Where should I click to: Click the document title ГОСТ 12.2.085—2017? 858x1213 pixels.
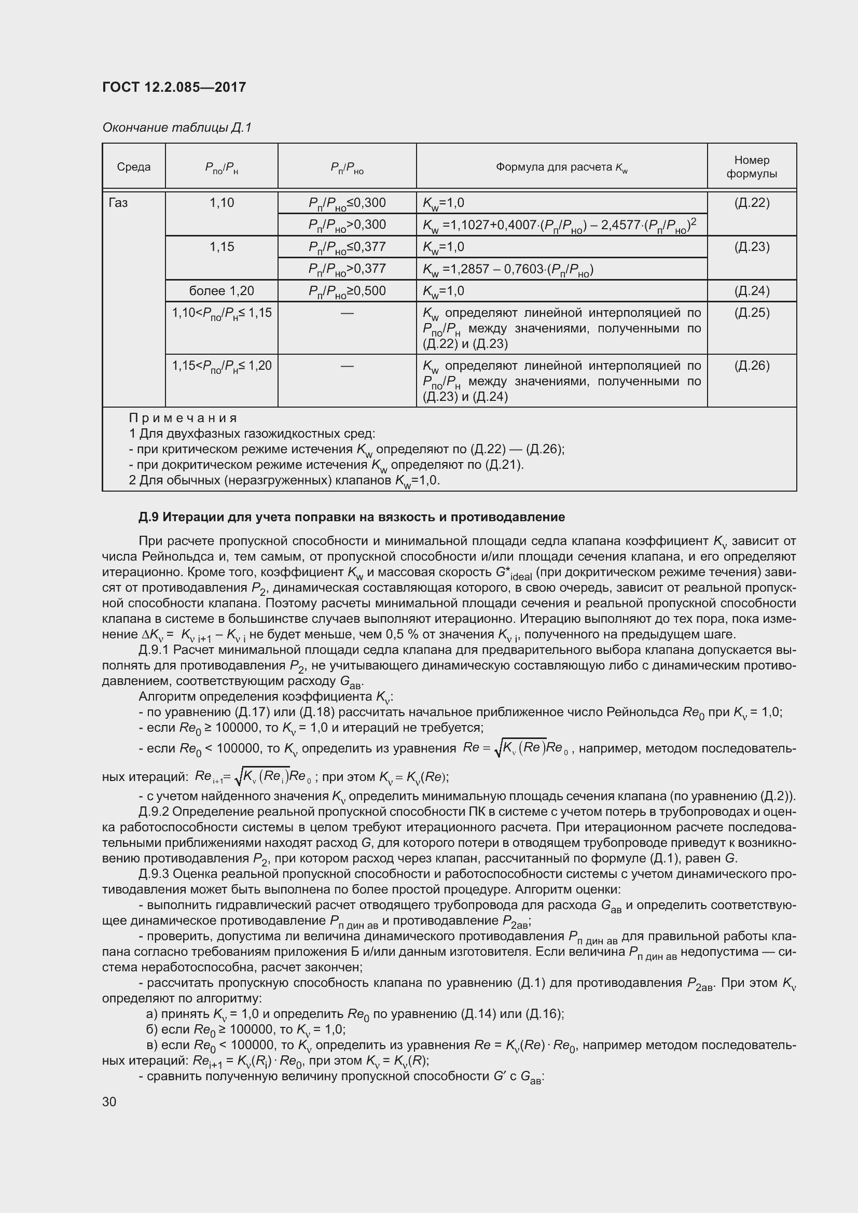pyautogui.click(x=174, y=87)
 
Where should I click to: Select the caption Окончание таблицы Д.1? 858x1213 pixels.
pyautogui.click(x=176, y=128)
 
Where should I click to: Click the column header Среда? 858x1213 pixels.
pyautogui.click(x=134, y=167)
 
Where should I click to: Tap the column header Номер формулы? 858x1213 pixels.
pyautogui.click(x=751, y=166)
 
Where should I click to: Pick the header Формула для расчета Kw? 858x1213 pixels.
pyautogui.click(x=561, y=168)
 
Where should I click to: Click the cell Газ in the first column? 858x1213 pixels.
pyautogui.click(x=118, y=203)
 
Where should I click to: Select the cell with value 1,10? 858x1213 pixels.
pyautogui.click(x=222, y=203)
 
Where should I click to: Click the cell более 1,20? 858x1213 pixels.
pyautogui.click(x=222, y=290)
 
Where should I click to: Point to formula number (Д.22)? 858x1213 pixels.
pyautogui.click(x=751, y=203)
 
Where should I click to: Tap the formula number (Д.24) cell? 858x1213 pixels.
pyautogui.click(x=751, y=290)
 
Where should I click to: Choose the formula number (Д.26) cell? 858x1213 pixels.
pyautogui.click(x=751, y=366)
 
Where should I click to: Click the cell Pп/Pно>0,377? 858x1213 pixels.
pyautogui.click(x=347, y=269)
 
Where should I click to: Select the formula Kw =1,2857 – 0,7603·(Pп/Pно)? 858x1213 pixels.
pyautogui.click(x=508, y=270)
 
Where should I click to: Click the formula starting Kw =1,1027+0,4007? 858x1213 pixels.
pyautogui.click(x=559, y=225)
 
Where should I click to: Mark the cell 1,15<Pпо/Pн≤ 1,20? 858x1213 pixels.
pyautogui.click(x=222, y=366)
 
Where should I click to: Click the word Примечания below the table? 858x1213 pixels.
pyautogui.click(x=183, y=418)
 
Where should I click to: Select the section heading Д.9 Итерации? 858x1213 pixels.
pyautogui.click(x=351, y=517)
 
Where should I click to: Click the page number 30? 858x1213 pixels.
pyautogui.click(x=109, y=1102)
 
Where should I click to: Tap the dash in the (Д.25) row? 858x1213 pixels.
pyautogui.click(x=347, y=313)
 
